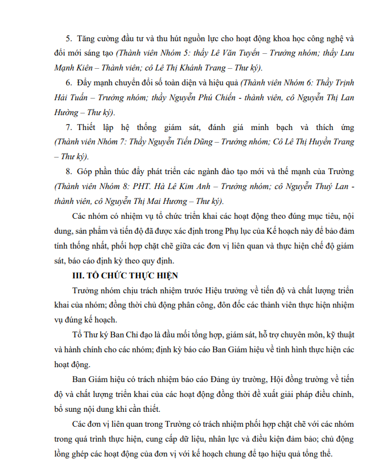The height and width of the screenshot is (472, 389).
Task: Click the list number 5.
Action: (68, 38)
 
